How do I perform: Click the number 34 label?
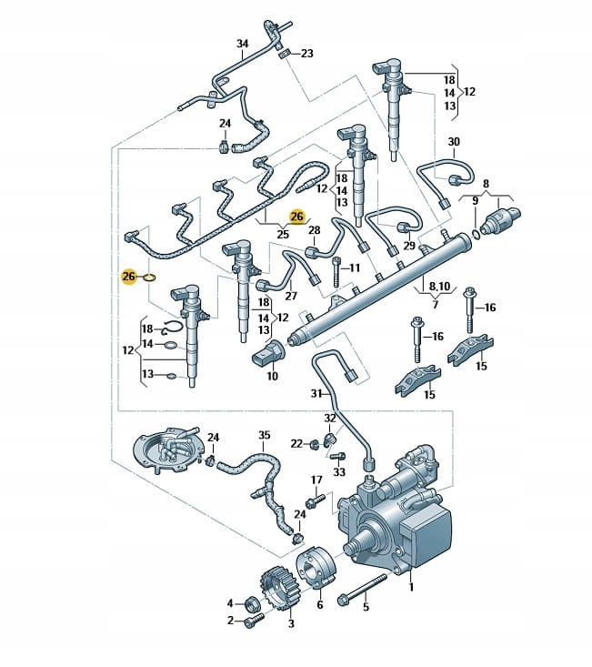tap(242, 43)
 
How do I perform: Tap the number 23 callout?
tap(306, 54)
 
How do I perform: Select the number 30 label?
tap(454, 141)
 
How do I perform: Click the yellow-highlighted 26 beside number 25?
tap(296, 216)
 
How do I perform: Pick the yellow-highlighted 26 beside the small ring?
tap(129, 275)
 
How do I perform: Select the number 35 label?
tap(265, 436)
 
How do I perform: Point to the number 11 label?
tap(355, 268)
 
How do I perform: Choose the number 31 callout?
tap(316, 394)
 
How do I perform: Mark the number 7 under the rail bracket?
tap(436, 303)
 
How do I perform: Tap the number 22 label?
tap(296, 443)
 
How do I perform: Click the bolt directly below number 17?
tap(315, 500)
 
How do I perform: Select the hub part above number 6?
tap(318, 571)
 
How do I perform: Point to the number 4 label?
tap(231, 602)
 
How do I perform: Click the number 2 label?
tap(231, 621)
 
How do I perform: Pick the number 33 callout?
tap(338, 472)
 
